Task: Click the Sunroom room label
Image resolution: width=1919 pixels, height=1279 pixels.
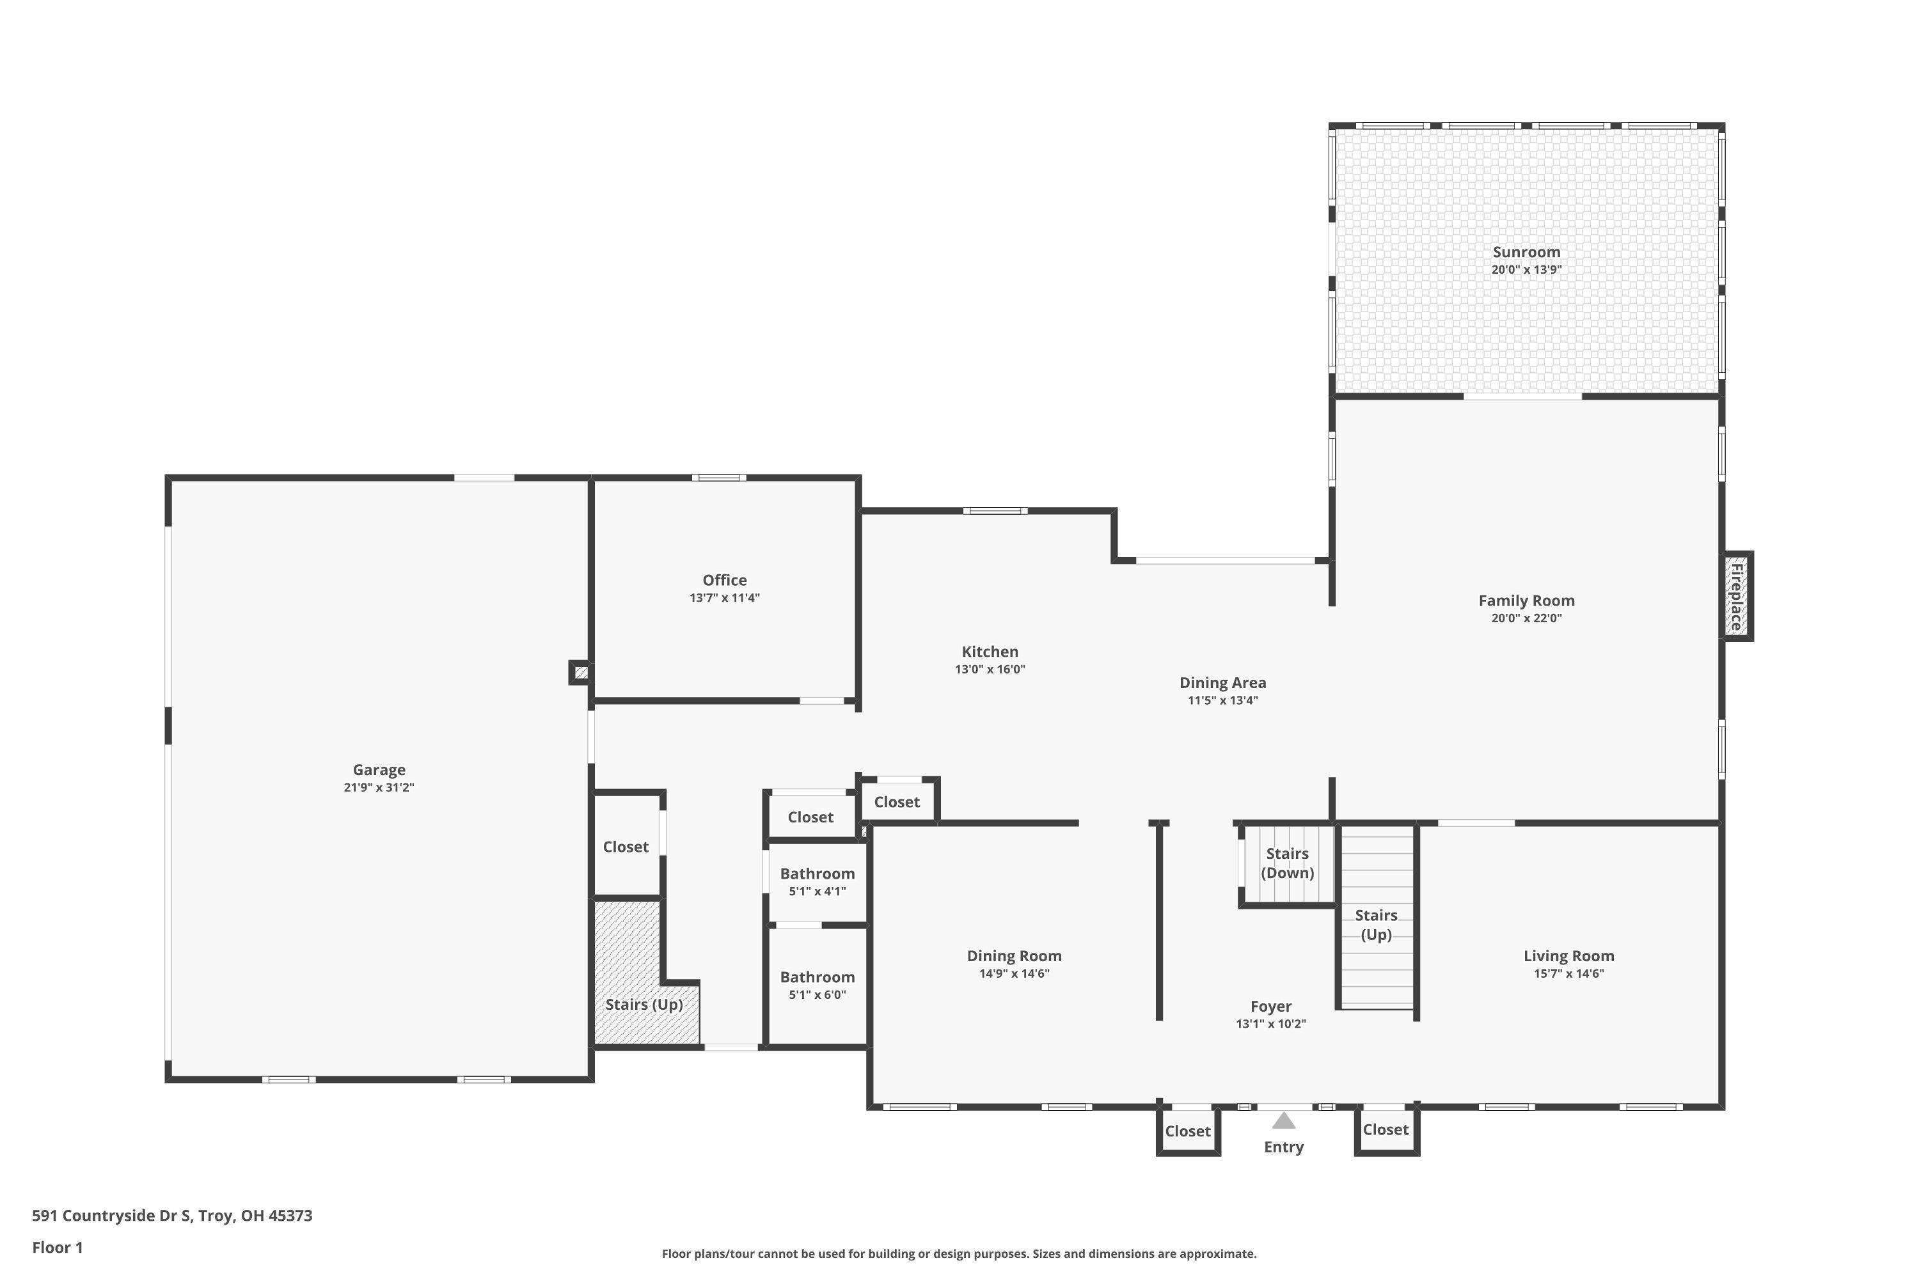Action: [1526, 252]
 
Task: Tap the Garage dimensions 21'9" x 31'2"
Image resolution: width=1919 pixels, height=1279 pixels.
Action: [379, 787]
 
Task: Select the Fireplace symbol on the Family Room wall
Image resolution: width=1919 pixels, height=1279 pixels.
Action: [1736, 596]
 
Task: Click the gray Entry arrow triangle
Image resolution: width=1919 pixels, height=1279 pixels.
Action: [1283, 1121]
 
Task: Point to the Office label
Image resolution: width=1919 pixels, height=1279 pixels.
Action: [725, 580]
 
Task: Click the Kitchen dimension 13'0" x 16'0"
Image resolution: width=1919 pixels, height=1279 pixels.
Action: [990, 670]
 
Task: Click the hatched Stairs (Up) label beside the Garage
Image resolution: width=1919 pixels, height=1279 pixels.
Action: [644, 1004]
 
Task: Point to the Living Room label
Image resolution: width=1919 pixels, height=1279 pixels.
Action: [1568, 956]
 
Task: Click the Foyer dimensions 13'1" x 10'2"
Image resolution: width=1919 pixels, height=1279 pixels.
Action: [1270, 1024]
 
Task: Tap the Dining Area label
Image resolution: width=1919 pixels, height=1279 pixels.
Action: [1222, 683]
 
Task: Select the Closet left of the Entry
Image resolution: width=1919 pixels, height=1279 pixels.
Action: [1187, 1131]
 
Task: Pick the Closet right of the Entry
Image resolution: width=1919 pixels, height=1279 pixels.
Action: [1386, 1130]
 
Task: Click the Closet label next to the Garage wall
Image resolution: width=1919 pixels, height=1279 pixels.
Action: [625, 847]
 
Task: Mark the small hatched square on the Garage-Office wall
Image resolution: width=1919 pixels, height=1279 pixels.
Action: [581, 673]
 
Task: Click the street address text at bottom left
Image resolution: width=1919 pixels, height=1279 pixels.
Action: [172, 1216]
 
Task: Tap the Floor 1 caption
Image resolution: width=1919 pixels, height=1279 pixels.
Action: [57, 1247]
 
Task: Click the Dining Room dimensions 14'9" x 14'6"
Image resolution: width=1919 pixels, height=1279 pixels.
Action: [1014, 973]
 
